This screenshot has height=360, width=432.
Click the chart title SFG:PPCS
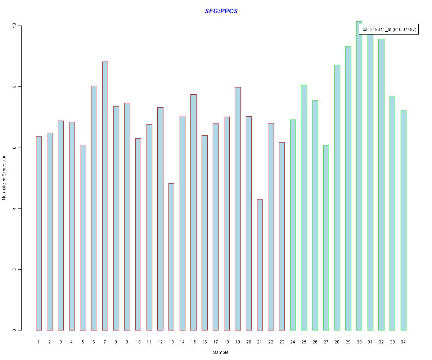[221, 11]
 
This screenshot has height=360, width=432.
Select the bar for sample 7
[105, 196]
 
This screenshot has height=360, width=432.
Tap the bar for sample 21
[260, 265]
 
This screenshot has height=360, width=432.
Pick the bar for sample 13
[171, 257]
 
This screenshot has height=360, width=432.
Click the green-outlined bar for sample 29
[348, 188]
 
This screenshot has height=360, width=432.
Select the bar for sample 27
[326, 238]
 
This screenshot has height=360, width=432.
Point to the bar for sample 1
[39, 233]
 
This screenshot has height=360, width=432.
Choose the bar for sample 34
[403, 220]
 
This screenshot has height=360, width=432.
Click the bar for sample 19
[238, 208]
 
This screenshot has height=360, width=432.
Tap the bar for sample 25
[304, 207]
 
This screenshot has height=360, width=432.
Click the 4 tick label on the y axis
[14, 208]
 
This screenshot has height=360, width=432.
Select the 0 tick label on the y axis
[14, 330]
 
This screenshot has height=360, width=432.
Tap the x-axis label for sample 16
[204, 342]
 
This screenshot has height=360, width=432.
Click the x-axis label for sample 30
[359, 342]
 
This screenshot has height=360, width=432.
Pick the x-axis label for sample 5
[83, 342]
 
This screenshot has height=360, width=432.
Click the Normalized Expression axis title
[4, 177]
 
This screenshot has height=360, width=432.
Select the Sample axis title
[221, 352]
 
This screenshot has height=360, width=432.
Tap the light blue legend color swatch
[365, 29]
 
